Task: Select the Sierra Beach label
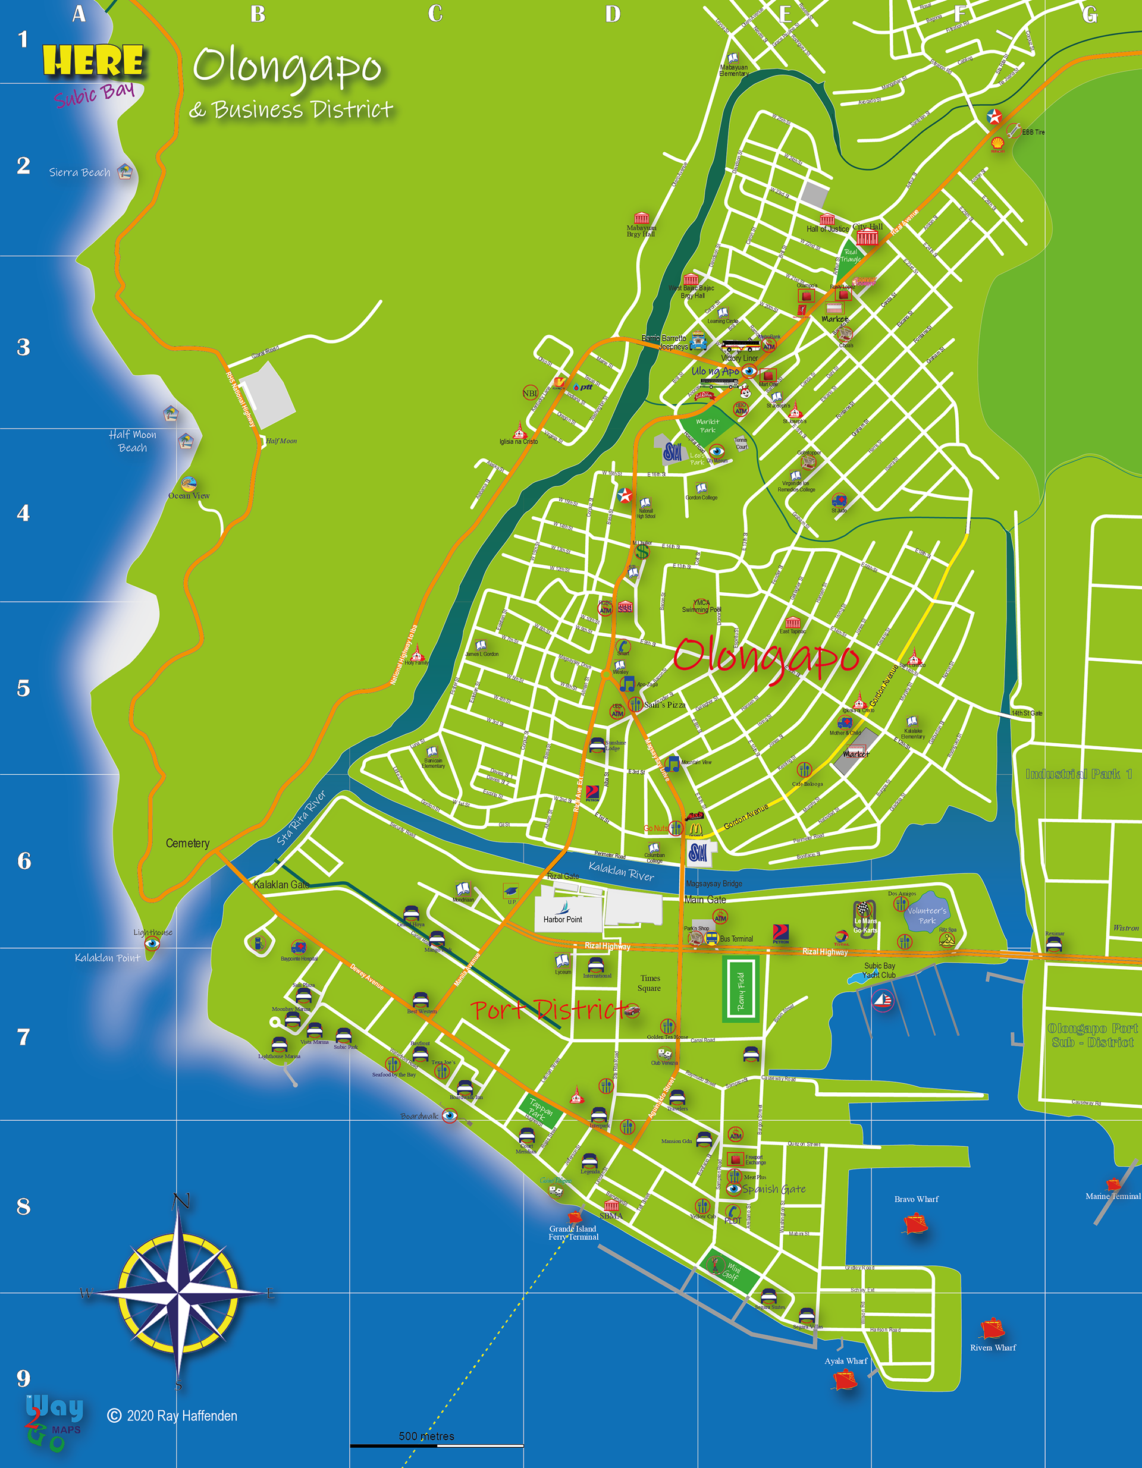(79, 173)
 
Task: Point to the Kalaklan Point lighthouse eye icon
(153, 944)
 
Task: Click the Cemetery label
(187, 843)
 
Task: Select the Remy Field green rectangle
(741, 990)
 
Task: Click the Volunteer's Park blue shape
(927, 913)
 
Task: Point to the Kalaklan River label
(621, 872)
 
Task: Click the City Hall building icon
(868, 237)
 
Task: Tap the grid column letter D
(612, 14)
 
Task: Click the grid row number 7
(24, 1037)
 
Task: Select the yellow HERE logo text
(93, 61)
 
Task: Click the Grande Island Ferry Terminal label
(573, 1232)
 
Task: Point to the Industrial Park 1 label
(1078, 774)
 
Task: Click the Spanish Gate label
(773, 1189)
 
